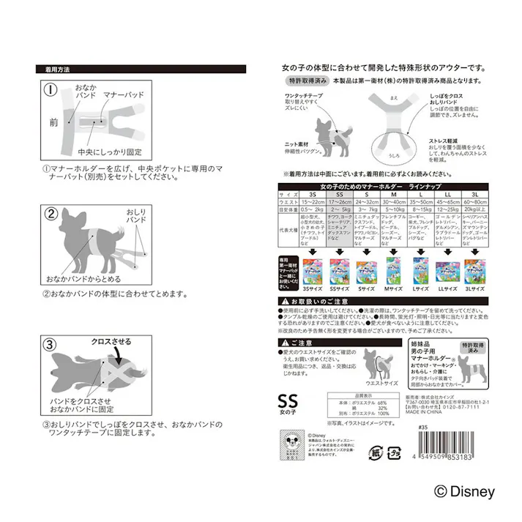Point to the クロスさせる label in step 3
coord(111,341)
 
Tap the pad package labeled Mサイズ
coord(392,271)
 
